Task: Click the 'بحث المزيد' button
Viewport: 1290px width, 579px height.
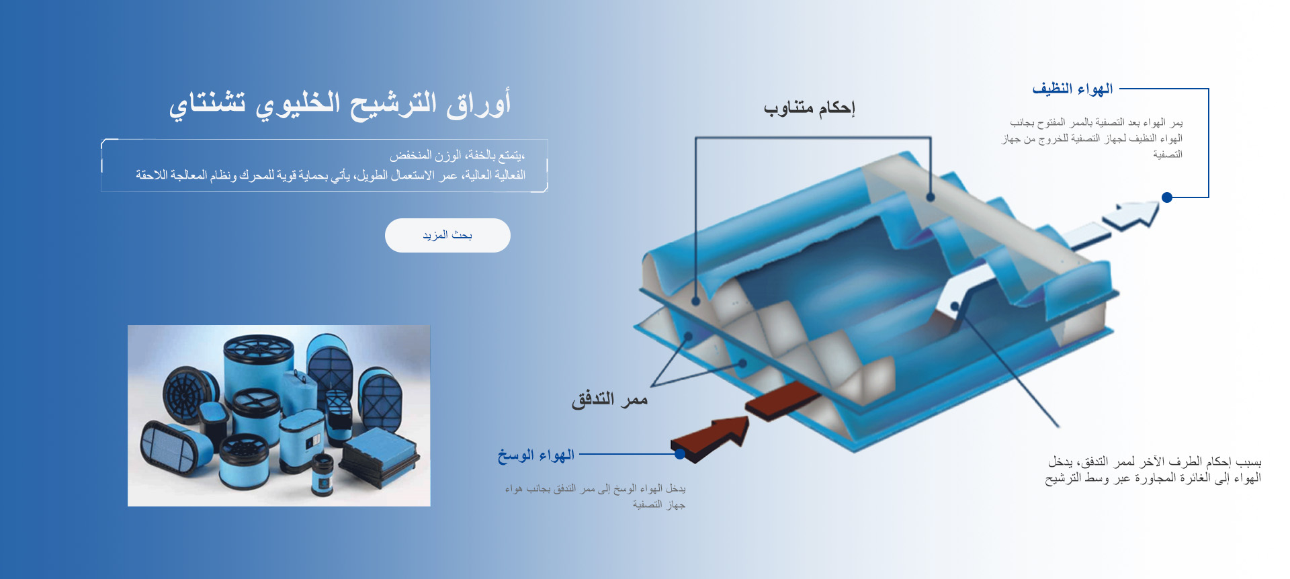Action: pyautogui.click(x=447, y=235)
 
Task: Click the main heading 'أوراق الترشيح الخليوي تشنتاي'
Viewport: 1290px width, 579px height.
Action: pyautogui.click(x=340, y=105)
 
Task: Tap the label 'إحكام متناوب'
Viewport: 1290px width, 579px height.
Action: pyautogui.click(x=809, y=108)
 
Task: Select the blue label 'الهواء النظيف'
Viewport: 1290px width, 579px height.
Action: pyautogui.click(x=1072, y=89)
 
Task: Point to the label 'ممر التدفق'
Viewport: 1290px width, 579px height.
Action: pyautogui.click(x=609, y=400)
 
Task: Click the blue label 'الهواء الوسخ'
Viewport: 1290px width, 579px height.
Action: pyautogui.click(x=536, y=455)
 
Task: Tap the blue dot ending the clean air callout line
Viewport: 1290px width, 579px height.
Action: pyautogui.click(x=1167, y=197)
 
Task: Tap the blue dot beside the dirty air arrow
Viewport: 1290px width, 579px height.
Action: pyautogui.click(x=680, y=454)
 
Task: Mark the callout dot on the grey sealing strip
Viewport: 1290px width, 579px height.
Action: pyautogui.click(x=930, y=197)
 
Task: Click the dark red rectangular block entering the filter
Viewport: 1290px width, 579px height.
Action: pyautogui.click(x=783, y=400)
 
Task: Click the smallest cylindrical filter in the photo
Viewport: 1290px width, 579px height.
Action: pyautogui.click(x=322, y=474)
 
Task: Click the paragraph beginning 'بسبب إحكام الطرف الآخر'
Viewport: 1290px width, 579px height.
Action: pyautogui.click(x=1153, y=470)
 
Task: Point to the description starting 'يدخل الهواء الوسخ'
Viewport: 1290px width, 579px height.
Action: pyautogui.click(x=595, y=496)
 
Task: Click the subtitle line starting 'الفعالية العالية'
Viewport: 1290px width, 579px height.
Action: pyautogui.click(x=331, y=175)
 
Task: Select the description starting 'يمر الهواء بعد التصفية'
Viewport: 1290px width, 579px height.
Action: pyautogui.click(x=1092, y=138)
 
